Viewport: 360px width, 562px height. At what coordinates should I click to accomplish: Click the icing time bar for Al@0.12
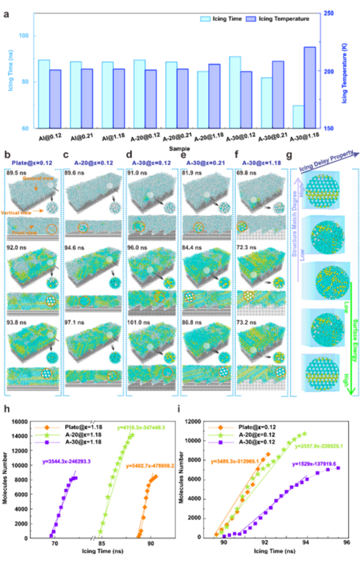click(x=44, y=94)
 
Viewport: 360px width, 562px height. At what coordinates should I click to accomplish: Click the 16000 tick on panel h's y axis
click(x=21, y=421)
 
